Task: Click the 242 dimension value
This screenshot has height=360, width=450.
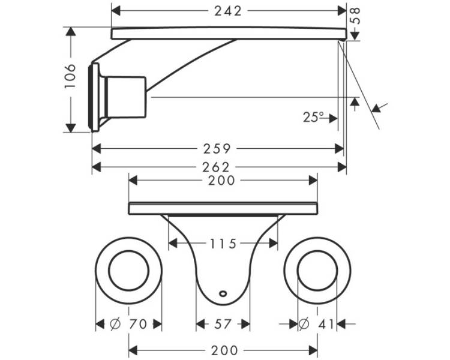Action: pos(228,11)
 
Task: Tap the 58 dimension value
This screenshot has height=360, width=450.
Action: pos(355,16)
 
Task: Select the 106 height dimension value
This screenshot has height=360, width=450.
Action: pos(70,76)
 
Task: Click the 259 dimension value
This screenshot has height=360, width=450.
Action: pos(217,149)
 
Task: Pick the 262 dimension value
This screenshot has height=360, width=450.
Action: pos(216,167)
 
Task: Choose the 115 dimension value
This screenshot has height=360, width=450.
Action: pos(223,244)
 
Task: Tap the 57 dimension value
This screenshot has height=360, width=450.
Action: pos(223,325)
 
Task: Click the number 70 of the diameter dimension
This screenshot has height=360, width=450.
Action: pos(138,325)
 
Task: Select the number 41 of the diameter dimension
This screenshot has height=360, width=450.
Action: pos(326,325)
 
